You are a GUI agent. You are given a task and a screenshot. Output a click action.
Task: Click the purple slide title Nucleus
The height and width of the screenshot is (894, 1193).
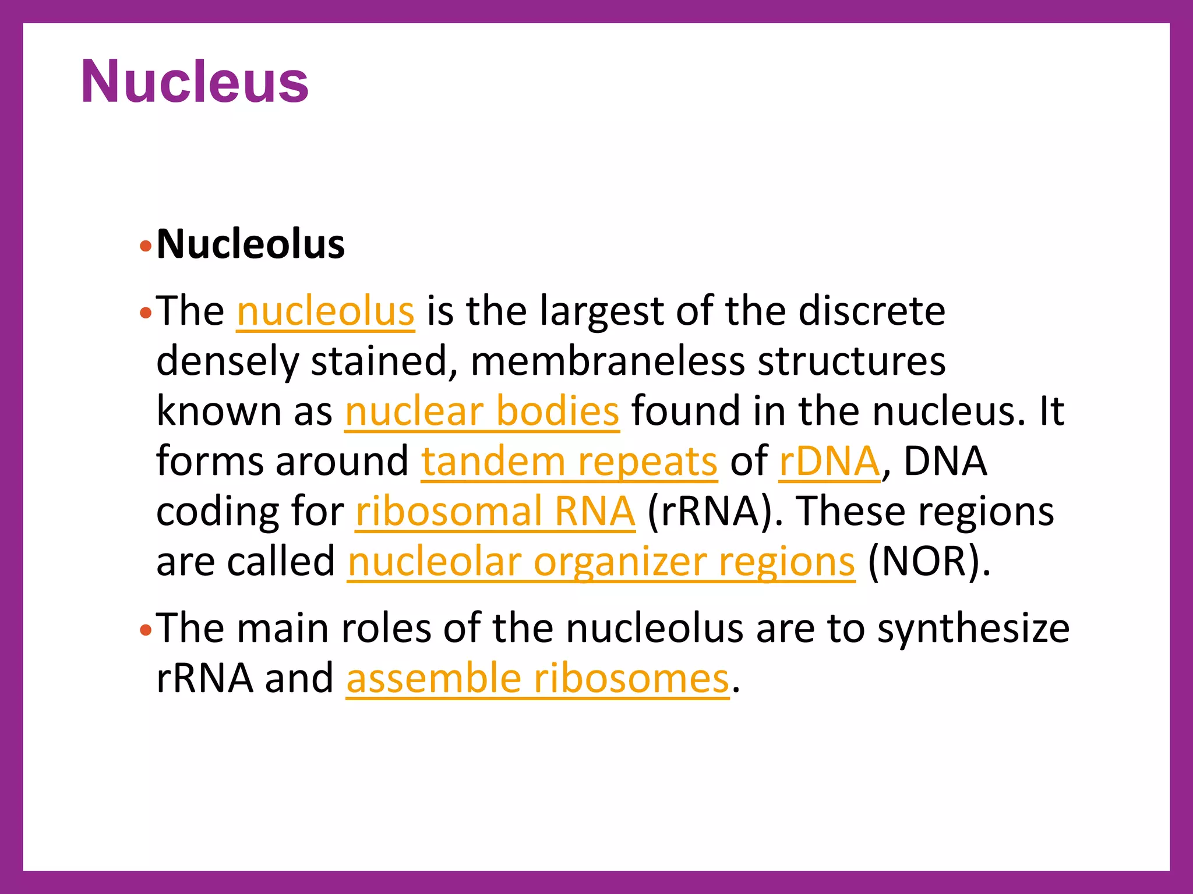[195, 82]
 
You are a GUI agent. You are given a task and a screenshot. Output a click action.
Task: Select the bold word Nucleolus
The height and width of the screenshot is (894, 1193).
[250, 244]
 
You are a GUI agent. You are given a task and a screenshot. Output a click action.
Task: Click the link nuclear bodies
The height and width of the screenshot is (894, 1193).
[482, 411]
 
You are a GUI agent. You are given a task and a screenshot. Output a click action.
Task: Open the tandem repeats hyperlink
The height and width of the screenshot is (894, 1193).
[569, 462]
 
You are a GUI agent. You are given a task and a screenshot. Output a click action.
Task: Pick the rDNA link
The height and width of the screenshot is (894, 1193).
[829, 462]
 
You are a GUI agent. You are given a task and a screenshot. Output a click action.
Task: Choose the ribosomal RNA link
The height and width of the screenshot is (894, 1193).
[495, 512]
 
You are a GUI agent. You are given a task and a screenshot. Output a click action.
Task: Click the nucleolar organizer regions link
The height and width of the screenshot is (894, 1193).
[601, 562]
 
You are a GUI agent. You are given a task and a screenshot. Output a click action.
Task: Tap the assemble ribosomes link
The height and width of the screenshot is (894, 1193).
[537, 679]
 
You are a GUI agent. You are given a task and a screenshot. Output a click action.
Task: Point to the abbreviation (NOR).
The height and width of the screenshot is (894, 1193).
[929, 562]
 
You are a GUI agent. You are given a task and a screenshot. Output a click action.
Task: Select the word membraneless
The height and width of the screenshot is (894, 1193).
[607, 361]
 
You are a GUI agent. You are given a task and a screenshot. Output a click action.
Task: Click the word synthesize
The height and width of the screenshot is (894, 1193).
[973, 629]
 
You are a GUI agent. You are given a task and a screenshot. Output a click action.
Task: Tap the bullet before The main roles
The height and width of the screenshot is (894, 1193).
[146, 630]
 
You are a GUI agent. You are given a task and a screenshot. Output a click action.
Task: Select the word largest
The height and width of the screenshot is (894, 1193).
[601, 313]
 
